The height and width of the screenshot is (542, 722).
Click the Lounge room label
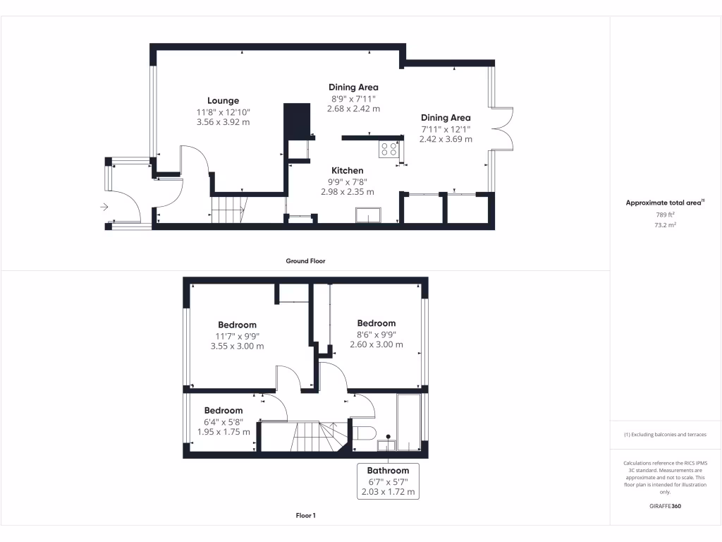(223, 100)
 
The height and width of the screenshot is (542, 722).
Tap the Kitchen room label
(348, 170)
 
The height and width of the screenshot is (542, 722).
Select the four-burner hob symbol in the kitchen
(388, 150)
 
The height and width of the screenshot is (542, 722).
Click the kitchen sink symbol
(369, 215)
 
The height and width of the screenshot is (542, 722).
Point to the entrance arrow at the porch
(104, 207)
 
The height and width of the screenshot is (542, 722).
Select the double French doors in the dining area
(502, 129)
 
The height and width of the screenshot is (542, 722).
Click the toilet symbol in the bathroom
(363, 432)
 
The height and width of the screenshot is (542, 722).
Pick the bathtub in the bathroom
(408, 421)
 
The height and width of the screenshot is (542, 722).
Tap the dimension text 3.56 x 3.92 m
(223, 121)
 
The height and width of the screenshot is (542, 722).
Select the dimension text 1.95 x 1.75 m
(223, 431)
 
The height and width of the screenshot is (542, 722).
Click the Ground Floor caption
(305, 260)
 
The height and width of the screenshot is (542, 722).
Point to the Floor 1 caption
(305, 516)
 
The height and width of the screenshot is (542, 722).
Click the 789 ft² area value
(666, 214)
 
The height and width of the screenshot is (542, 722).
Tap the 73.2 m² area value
(666, 224)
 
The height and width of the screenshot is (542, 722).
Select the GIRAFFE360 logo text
(666, 506)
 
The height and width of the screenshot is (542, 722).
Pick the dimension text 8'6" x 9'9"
(377, 334)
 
